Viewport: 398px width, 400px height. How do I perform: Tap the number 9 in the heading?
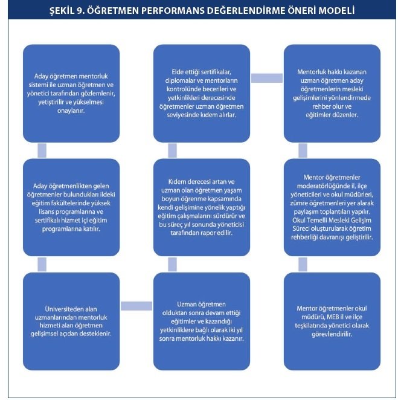tap(79, 11)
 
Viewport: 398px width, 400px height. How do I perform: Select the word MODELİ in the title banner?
tap(336, 11)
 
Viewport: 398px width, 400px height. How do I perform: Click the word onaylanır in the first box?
tap(71, 111)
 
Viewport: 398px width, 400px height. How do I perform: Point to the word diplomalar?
tap(178, 80)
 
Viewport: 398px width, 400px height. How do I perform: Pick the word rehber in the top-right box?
tap(321, 106)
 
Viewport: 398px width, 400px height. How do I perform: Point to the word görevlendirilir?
tap(332, 334)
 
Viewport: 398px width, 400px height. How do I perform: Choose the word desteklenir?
tap(97, 334)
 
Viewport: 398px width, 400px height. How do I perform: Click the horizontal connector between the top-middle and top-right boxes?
tap(267, 78)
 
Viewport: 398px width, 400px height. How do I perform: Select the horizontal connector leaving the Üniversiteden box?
tap(136, 306)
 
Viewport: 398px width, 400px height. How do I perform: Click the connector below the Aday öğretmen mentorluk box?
tap(42, 150)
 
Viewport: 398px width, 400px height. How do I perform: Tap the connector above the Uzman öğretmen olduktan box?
tap(172, 264)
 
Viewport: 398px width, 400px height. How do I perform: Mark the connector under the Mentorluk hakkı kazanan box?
tap(303, 150)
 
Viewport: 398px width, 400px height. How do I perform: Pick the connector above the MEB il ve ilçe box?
tap(303, 264)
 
